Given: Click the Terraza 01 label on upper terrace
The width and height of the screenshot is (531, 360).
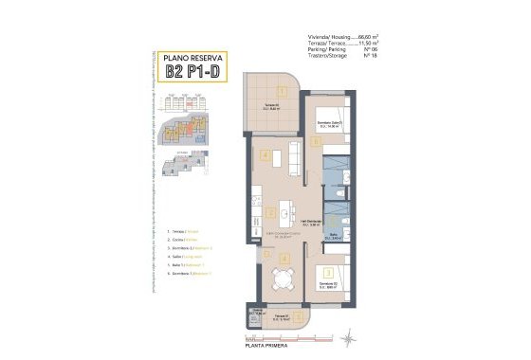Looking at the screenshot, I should tap(271, 105).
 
